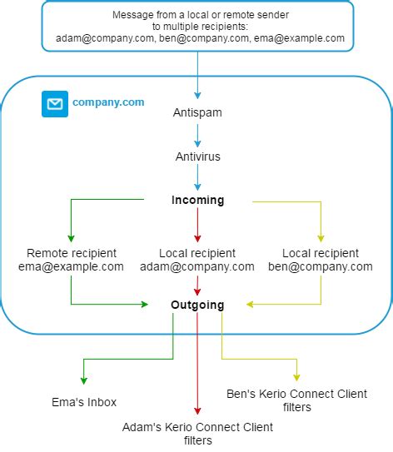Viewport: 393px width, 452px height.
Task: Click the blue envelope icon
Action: pyautogui.click(x=55, y=104)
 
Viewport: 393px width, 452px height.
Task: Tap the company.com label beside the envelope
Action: pyautogui.click(x=108, y=102)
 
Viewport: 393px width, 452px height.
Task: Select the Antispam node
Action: pyautogui.click(x=198, y=112)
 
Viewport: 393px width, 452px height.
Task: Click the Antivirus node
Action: pyautogui.click(x=198, y=156)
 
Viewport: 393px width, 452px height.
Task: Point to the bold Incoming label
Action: pyautogui.click(x=198, y=201)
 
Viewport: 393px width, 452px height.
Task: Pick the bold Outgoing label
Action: pyautogui.click(x=198, y=305)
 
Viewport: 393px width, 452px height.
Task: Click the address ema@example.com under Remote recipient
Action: pyautogui.click(x=71, y=266)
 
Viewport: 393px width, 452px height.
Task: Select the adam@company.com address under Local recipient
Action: pyautogui.click(x=198, y=266)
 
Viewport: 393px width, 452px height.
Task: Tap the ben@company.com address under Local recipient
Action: pyautogui.click(x=321, y=266)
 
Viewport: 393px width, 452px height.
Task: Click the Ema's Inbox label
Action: pyautogui.click(x=83, y=402)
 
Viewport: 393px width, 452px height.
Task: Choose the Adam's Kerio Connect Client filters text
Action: pyautogui.click(x=198, y=434)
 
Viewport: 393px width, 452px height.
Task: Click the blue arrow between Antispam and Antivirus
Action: pyautogui.click(x=198, y=134)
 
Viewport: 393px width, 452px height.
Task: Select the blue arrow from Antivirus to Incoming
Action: pyautogui.click(x=198, y=178)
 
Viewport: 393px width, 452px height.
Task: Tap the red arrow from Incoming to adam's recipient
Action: pyautogui.click(x=198, y=225)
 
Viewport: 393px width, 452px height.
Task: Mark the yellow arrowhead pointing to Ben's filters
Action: pyautogui.click(x=296, y=376)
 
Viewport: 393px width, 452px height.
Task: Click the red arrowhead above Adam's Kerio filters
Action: pyautogui.click(x=198, y=410)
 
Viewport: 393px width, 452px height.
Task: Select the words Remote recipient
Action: pyautogui.click(x=72, y=253)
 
